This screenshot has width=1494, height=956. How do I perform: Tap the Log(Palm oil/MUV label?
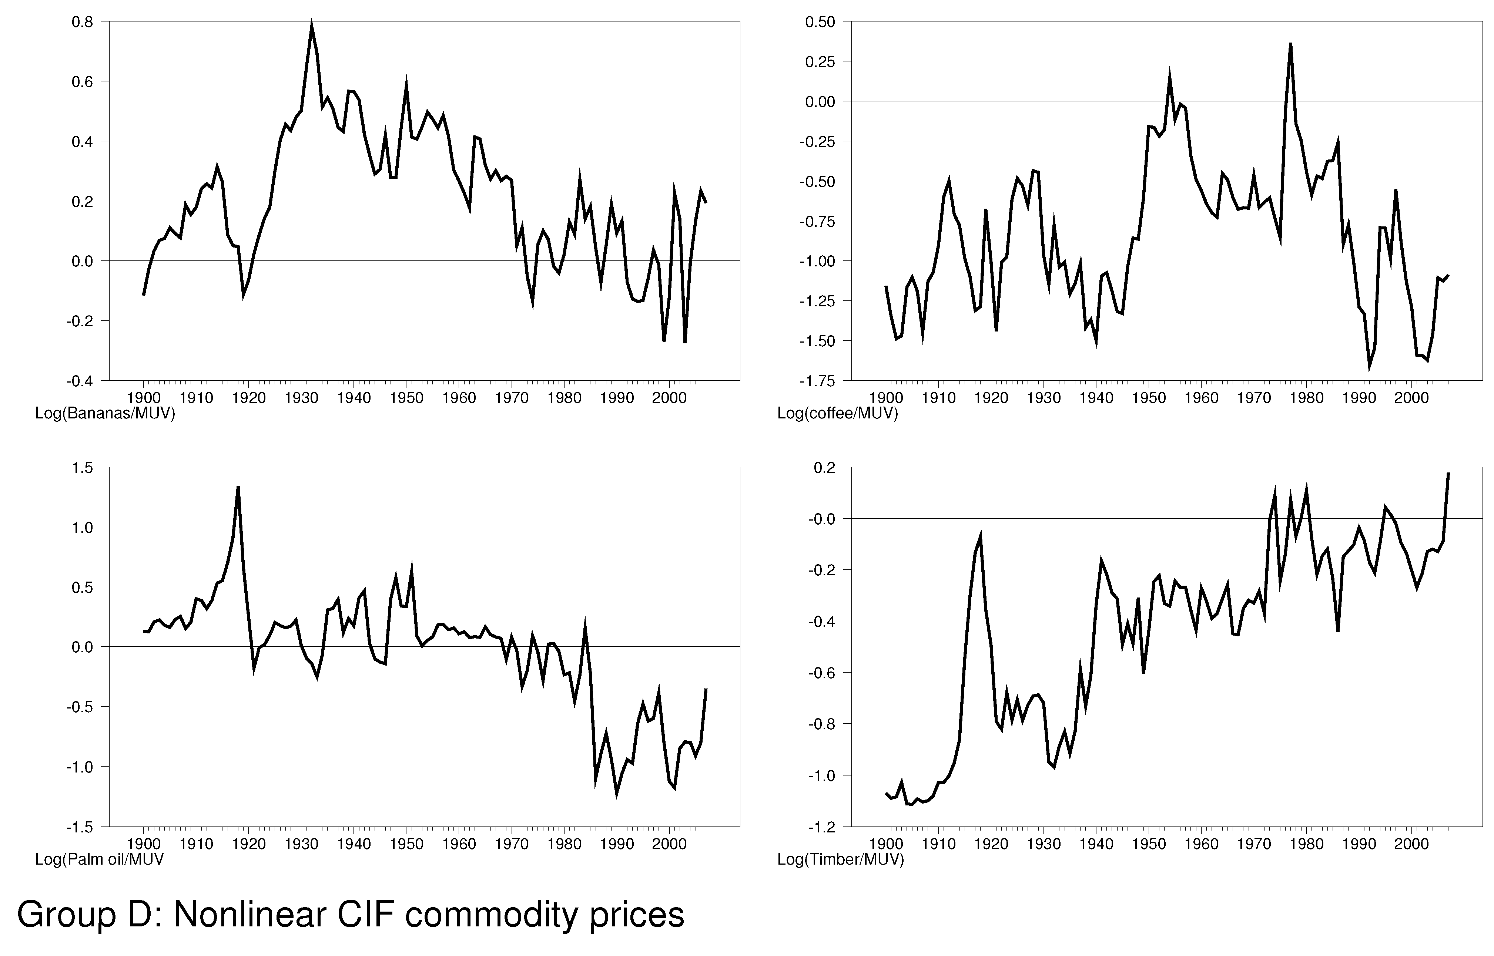[99, 860]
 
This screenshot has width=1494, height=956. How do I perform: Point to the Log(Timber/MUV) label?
[840, 860]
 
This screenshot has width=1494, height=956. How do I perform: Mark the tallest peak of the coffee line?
[1290, 43]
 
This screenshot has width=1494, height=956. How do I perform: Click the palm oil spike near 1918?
[238, 487]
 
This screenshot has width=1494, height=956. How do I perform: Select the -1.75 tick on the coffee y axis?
[819, 381]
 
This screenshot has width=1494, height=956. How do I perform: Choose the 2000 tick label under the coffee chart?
[1411, 397]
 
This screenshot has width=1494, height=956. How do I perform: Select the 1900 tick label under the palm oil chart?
[143, 844]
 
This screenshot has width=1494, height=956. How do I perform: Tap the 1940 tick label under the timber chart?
[1096, 844]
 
